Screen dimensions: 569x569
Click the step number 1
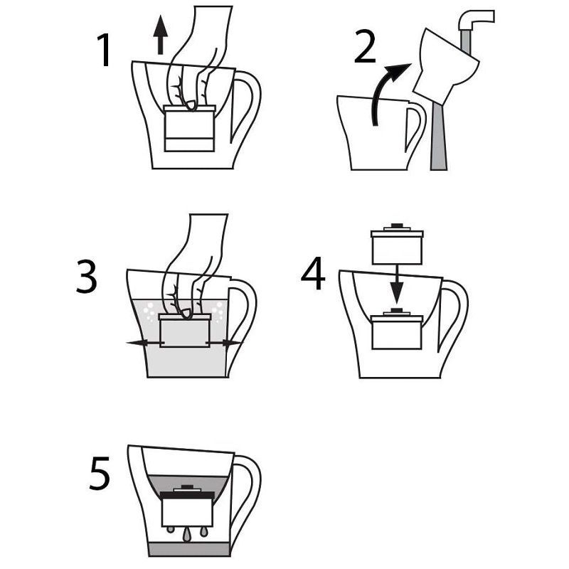pos(105,50)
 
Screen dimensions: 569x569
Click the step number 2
pos(365,46)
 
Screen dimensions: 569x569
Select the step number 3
pos(86,277)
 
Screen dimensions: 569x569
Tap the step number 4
pos(313,273)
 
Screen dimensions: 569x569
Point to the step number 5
pos(100,473)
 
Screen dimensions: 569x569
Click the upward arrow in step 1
pos(161,37)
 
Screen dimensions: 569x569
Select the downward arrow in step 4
pos(397,284)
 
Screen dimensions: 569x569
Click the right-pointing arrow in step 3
pos(224,343)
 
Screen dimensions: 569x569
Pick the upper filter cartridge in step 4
pos(397,244)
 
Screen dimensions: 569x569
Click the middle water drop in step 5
pos(187,535)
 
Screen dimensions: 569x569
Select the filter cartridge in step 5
pos(187,506)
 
